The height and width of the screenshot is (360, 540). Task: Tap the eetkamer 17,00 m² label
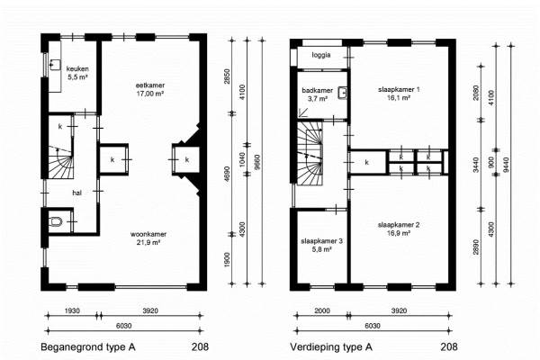pos(149,89)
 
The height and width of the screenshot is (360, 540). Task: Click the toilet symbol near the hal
pos(56,221)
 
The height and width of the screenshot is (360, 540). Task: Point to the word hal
pos(76,193)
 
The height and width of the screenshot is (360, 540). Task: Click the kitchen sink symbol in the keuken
pos(55,65)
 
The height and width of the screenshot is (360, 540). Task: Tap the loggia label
pos(321,55)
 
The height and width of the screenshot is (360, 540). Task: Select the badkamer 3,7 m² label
pos(318,94)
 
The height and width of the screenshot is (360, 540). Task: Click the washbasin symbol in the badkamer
pos(342,93)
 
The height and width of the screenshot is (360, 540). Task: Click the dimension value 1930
pos(72,310)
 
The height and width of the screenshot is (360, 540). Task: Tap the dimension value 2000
pos(322,310)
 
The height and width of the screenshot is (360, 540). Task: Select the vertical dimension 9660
pos(257,162)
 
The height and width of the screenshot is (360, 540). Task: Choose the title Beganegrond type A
pos(88,346)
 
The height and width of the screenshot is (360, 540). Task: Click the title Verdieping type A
pos(331,346)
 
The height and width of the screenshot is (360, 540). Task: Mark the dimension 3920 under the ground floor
pos(150,310)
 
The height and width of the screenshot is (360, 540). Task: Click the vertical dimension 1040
pos(242,159)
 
